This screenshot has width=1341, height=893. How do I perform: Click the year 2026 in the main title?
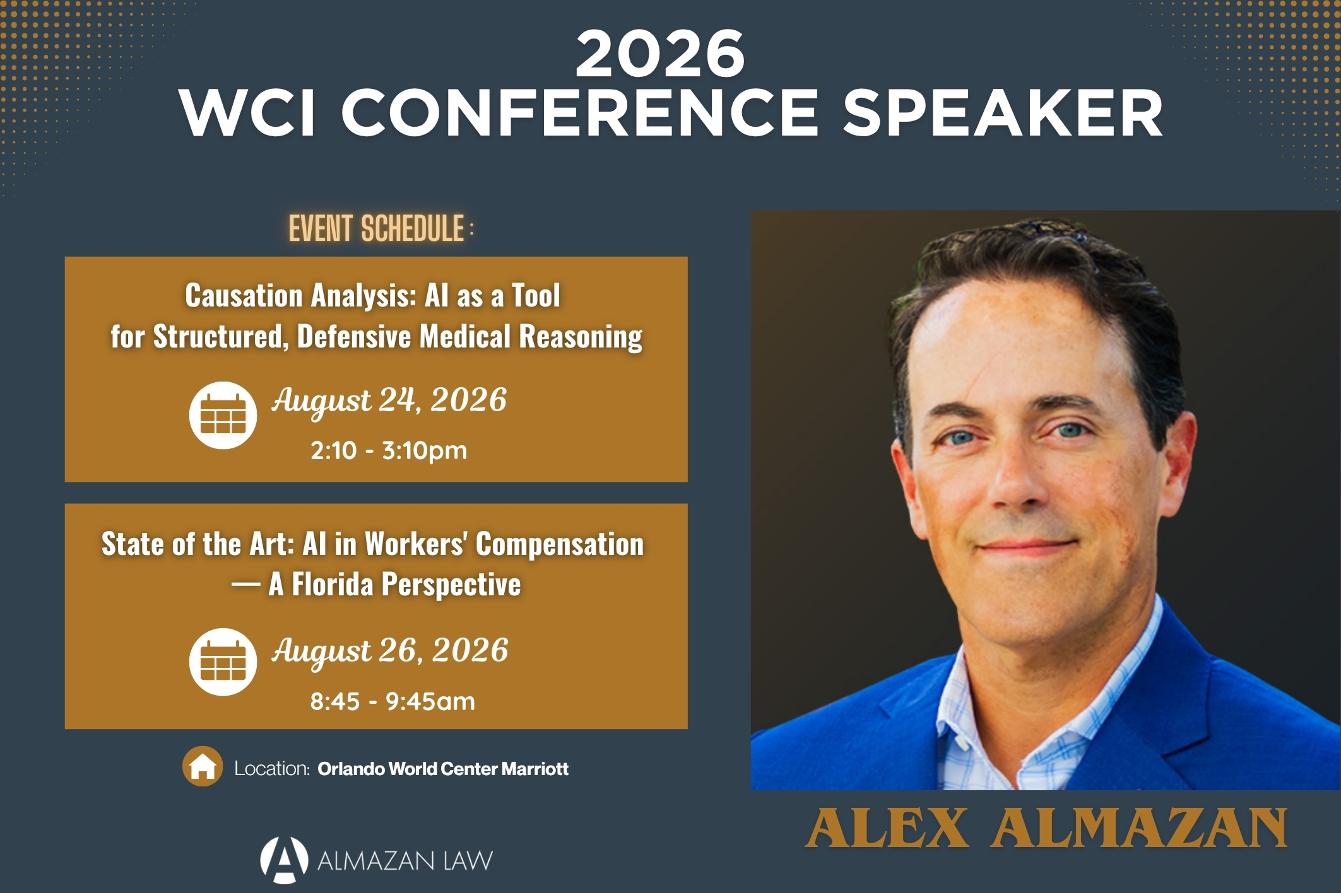tap(660, 54)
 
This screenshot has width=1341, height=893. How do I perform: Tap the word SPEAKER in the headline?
tap(1003, 113)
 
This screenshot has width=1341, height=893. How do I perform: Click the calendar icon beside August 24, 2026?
tap(223, 416)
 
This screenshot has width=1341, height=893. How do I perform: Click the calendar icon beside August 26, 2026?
tap(223, 662)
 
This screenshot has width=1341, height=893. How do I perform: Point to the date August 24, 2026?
tap(389, 401)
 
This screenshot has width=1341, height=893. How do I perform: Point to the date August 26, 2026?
tap(390, 651)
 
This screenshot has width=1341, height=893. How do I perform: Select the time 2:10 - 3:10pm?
tap(389, 451)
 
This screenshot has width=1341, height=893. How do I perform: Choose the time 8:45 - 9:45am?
tap(393, 701)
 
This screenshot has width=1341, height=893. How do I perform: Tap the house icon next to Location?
tap(203, 766)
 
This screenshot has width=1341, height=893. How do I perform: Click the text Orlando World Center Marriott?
tap(443, 769)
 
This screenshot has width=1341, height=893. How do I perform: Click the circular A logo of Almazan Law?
tap(284, 860)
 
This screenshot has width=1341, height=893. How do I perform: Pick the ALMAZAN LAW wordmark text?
tap(405, 861)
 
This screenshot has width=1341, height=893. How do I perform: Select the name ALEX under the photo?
tap(887, 828)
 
